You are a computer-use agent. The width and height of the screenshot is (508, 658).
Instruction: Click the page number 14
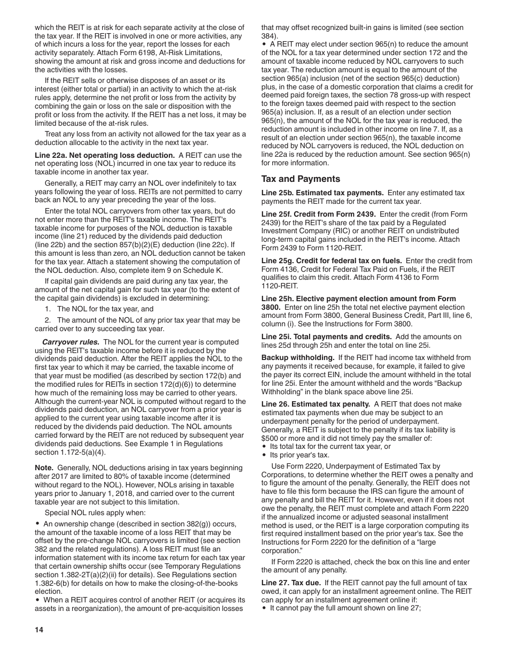[x=39, y=630]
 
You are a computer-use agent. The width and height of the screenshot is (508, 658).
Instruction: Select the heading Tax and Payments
[x=301, y=179]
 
